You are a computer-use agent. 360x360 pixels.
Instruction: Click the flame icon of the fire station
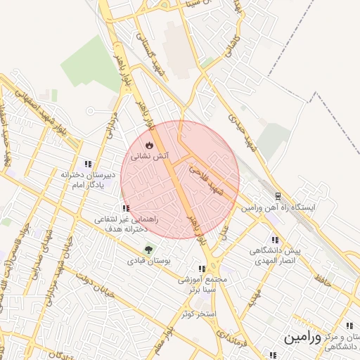click(149, 145)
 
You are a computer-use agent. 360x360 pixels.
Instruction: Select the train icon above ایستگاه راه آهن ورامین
click(278, 196)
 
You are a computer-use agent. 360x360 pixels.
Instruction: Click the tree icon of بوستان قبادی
click(148, 249)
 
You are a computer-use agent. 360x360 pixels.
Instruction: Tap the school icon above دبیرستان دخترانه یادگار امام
click(88, 163)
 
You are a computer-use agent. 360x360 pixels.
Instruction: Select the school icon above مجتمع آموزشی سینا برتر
click(202, 268)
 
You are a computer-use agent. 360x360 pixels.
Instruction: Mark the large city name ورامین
click(302, 338)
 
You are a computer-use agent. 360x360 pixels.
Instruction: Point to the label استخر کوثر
click(198, 312)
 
